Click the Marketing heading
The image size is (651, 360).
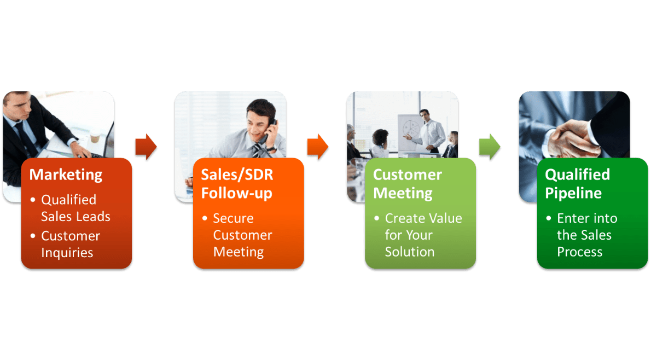[66, 175]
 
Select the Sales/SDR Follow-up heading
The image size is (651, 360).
[236, 184]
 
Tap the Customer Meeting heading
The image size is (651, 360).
[407, 184]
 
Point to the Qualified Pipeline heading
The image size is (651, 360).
[577, 184]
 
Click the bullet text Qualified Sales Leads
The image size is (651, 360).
[75, 208]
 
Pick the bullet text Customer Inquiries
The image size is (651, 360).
[71, 244]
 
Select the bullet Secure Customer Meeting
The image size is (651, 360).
[242, 235]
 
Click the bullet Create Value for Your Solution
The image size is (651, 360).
[423, 235]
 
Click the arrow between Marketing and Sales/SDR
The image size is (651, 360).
[146, 147]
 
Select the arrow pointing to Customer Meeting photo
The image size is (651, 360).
[317, 147]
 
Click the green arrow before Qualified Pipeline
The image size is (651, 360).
[489, 146]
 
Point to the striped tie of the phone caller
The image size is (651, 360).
[257, 150]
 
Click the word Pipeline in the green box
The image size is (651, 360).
[573, 193]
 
